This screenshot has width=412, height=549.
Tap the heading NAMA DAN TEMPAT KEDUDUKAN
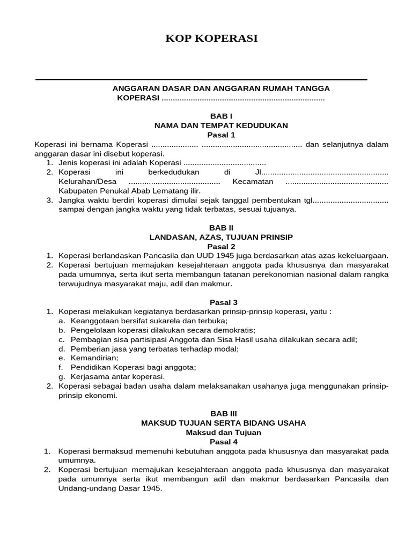point(221,125)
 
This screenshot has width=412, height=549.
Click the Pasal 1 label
point(221,135)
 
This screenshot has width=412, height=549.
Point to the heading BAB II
point(221,227)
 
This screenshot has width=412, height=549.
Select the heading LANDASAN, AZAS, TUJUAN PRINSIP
point(221,236)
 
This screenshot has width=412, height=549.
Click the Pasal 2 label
point(221,246)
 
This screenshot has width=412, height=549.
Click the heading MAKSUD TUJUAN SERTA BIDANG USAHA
point(223,423)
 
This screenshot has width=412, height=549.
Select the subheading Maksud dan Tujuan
point(223,432)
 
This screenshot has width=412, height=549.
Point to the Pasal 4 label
point(223,442)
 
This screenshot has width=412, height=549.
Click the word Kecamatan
point(253,182)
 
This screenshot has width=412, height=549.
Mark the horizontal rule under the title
point(201,79)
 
